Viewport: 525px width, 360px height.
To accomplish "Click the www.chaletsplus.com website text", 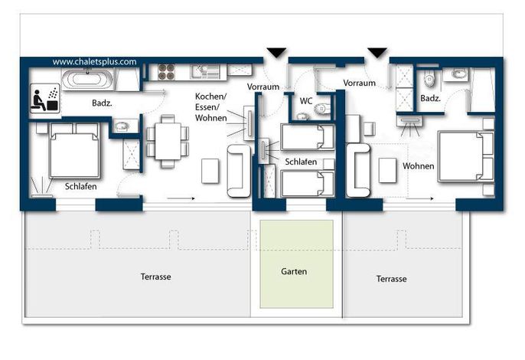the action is pos(94,62).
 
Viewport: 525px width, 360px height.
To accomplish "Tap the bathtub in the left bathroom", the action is pos(88,79).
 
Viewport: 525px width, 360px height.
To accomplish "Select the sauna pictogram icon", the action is pos(45,97).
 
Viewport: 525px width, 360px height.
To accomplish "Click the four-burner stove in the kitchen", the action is pos(166,72).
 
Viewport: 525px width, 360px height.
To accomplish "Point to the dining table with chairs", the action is pos(168,142).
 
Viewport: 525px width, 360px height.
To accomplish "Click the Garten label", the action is pos(294,271).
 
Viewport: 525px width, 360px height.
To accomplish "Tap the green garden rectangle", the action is pos(297,263).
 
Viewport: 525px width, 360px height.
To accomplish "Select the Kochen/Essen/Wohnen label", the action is pos(211,107).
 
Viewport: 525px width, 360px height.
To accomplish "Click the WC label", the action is pos(306,101).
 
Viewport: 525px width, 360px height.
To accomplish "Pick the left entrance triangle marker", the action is pos(276,53).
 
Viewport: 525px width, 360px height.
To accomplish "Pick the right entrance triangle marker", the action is pos(377,53).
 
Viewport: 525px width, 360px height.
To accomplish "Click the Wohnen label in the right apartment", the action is pos(418,166).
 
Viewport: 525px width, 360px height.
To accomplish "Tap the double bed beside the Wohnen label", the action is pos(466,156).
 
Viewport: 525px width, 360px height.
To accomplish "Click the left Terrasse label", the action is pos(155,277).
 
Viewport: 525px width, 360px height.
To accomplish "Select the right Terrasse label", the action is pos(391,279).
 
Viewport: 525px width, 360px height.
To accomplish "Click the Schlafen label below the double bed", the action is pos(80,186).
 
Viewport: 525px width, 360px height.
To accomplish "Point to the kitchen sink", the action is pos(205,72).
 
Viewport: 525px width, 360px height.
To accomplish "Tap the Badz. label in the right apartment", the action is pos(430,98).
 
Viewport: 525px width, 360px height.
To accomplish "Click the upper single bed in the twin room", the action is pos(308,137).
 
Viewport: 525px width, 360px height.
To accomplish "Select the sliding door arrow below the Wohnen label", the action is pos(420,198).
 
